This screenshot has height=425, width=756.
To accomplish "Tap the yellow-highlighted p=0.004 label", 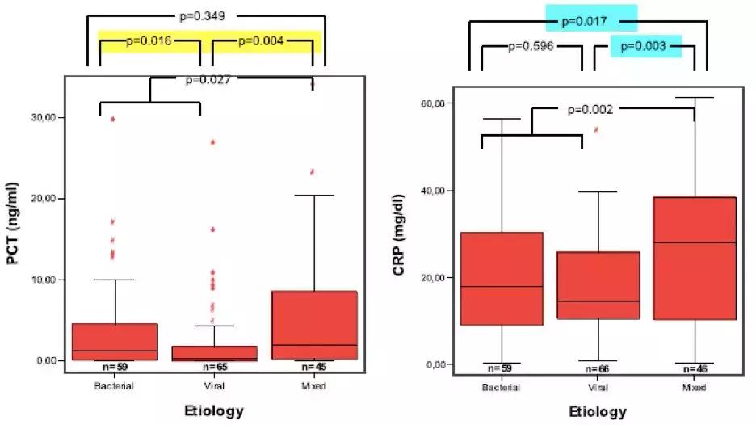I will (261, 41).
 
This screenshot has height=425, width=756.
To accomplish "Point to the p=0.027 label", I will (208, 79).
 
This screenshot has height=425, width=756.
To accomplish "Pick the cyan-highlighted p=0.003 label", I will (644, 47).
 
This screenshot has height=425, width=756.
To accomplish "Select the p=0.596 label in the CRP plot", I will (531, 46).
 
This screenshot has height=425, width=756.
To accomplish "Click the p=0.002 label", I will (590, 108).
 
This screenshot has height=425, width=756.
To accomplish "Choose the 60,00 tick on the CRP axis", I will (435, 103).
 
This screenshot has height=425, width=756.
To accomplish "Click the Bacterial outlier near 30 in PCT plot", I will (113, 119).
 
